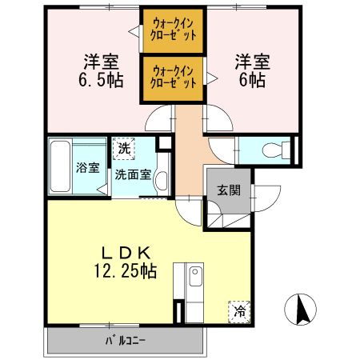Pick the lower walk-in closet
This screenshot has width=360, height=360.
[x=174, y=78]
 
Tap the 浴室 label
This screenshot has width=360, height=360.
[x=88, y=168]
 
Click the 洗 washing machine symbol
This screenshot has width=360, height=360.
[x=123, y=148]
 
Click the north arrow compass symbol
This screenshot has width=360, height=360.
[x=301, y=310]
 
